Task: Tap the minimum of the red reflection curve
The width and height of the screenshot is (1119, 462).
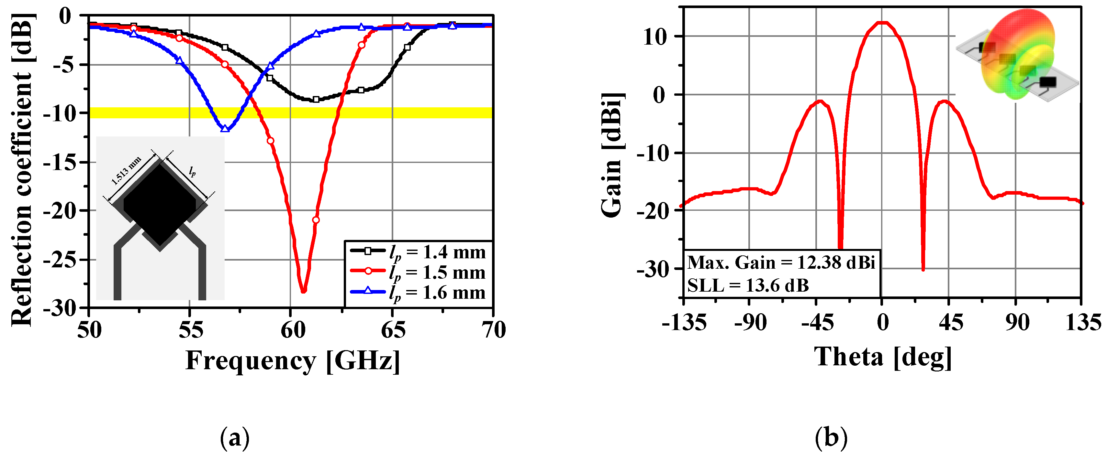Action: [x=303, y=291]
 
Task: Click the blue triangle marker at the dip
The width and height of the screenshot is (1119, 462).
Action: [x=225, y=128]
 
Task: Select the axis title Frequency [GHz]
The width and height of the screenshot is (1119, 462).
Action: [x=292, y=360]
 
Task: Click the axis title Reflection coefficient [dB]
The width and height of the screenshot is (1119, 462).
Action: [x=22, y=169]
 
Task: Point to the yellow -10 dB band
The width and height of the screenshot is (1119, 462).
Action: [x=391, y=113]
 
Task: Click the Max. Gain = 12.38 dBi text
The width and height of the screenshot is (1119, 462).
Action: [x=781, y=263]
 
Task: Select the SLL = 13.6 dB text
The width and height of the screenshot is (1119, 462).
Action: [x=748, y=285]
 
